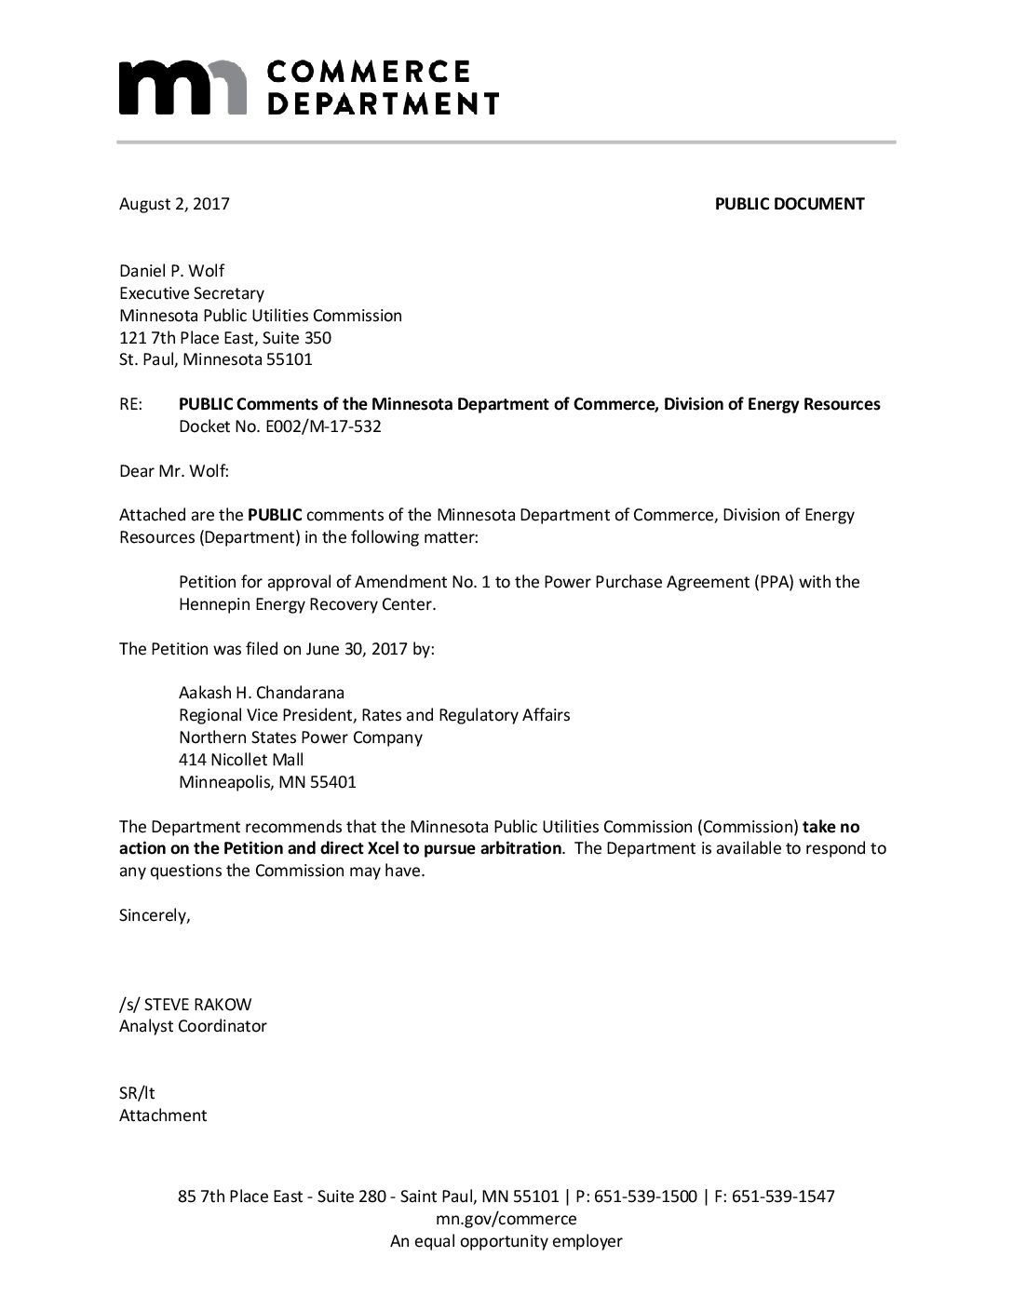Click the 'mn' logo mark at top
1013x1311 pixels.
[185, 88]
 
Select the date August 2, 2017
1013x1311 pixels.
[174, 204]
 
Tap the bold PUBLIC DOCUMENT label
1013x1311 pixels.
[789, 204]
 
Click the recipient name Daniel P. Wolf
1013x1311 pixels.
[172, 271]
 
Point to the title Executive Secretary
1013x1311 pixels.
[192, 293]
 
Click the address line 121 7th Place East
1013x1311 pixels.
[225, 338]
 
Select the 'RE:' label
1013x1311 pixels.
[131, 404]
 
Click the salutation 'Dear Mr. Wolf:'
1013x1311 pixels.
[174, 471]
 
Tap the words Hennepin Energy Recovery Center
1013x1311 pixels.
[307, 604]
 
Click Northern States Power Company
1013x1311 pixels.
[301, 737]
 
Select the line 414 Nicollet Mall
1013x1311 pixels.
[241, 760]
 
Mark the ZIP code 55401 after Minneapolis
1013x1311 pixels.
[334, 782]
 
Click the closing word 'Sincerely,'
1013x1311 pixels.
[155, 915]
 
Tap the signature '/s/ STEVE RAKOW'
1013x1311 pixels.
[185, 1005]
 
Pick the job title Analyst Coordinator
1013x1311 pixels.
[193, 1026]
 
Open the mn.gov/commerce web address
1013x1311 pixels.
[506, 1219]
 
